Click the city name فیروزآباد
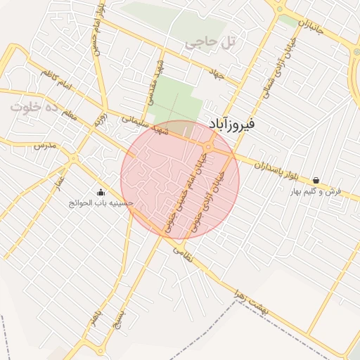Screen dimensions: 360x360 (x=253, y=123)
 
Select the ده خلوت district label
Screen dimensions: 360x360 (x=33, y=108)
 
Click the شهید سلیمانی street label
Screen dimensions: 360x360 (x=146, y=124)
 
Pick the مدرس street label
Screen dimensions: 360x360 (x=44, y=146)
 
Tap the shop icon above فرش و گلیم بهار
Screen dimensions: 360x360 (x=316, y=181)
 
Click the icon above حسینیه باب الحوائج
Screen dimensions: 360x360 (x=101, y=192)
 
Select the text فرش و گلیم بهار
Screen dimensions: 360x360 (x=316, y=191)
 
